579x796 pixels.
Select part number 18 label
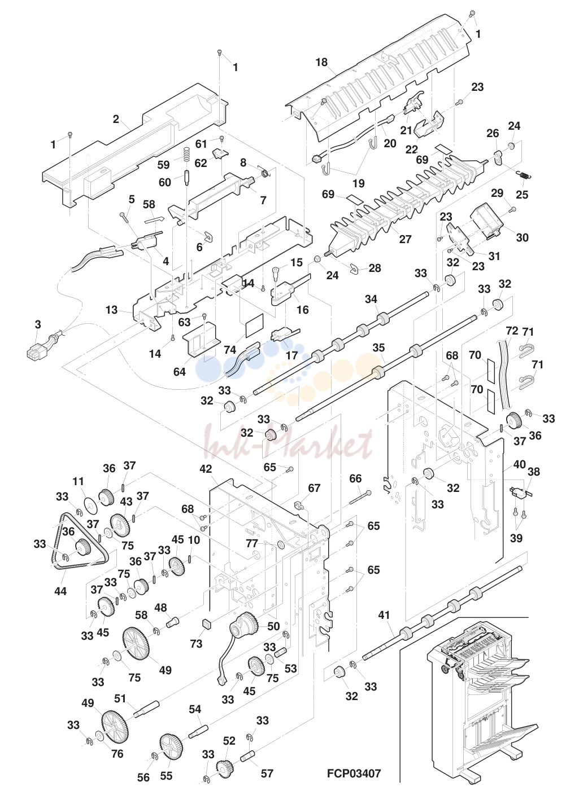click(321, 62)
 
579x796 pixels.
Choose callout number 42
click(206, 469)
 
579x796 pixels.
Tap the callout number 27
click(405, 239)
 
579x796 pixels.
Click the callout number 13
click(111, 310)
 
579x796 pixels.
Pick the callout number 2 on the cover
click(116, 119)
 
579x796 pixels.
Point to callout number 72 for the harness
click(512, 331)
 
